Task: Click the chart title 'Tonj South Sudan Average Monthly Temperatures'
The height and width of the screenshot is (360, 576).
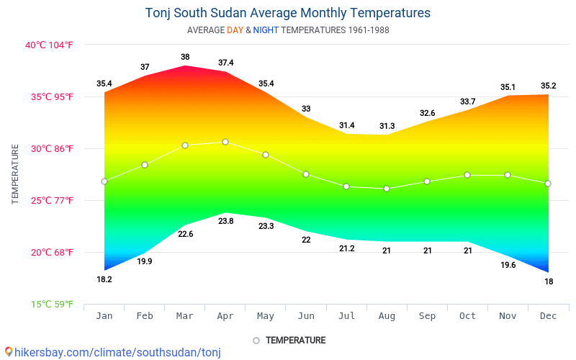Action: coord(288,13)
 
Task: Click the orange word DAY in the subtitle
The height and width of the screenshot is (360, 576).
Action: coord(235,30)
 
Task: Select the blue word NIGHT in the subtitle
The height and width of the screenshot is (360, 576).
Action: coord(266,30)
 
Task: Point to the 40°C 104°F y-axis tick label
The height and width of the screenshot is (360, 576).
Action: coord(50,45)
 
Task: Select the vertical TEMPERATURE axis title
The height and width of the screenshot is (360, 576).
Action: coord(15,174)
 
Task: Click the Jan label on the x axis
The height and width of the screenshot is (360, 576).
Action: coord(104,315)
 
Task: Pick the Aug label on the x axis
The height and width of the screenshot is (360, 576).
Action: coord(387,315)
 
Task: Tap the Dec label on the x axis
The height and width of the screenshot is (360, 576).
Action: coord(548,315)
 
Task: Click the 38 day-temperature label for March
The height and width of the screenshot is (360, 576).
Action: coord(185,57)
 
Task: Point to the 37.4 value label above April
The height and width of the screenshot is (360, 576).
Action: coord(225,63)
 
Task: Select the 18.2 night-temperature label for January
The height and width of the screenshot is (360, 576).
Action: coord(104,279)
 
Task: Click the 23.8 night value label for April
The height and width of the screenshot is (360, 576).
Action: coord(225,221)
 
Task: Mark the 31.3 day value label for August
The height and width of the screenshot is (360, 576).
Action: coord(387,126)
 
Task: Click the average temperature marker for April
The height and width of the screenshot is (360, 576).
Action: coord(225,142)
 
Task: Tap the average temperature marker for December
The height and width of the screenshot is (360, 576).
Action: coord(548,184)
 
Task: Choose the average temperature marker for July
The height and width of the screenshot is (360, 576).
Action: coord(346,186)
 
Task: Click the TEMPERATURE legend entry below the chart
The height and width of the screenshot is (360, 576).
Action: coord(289,340)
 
